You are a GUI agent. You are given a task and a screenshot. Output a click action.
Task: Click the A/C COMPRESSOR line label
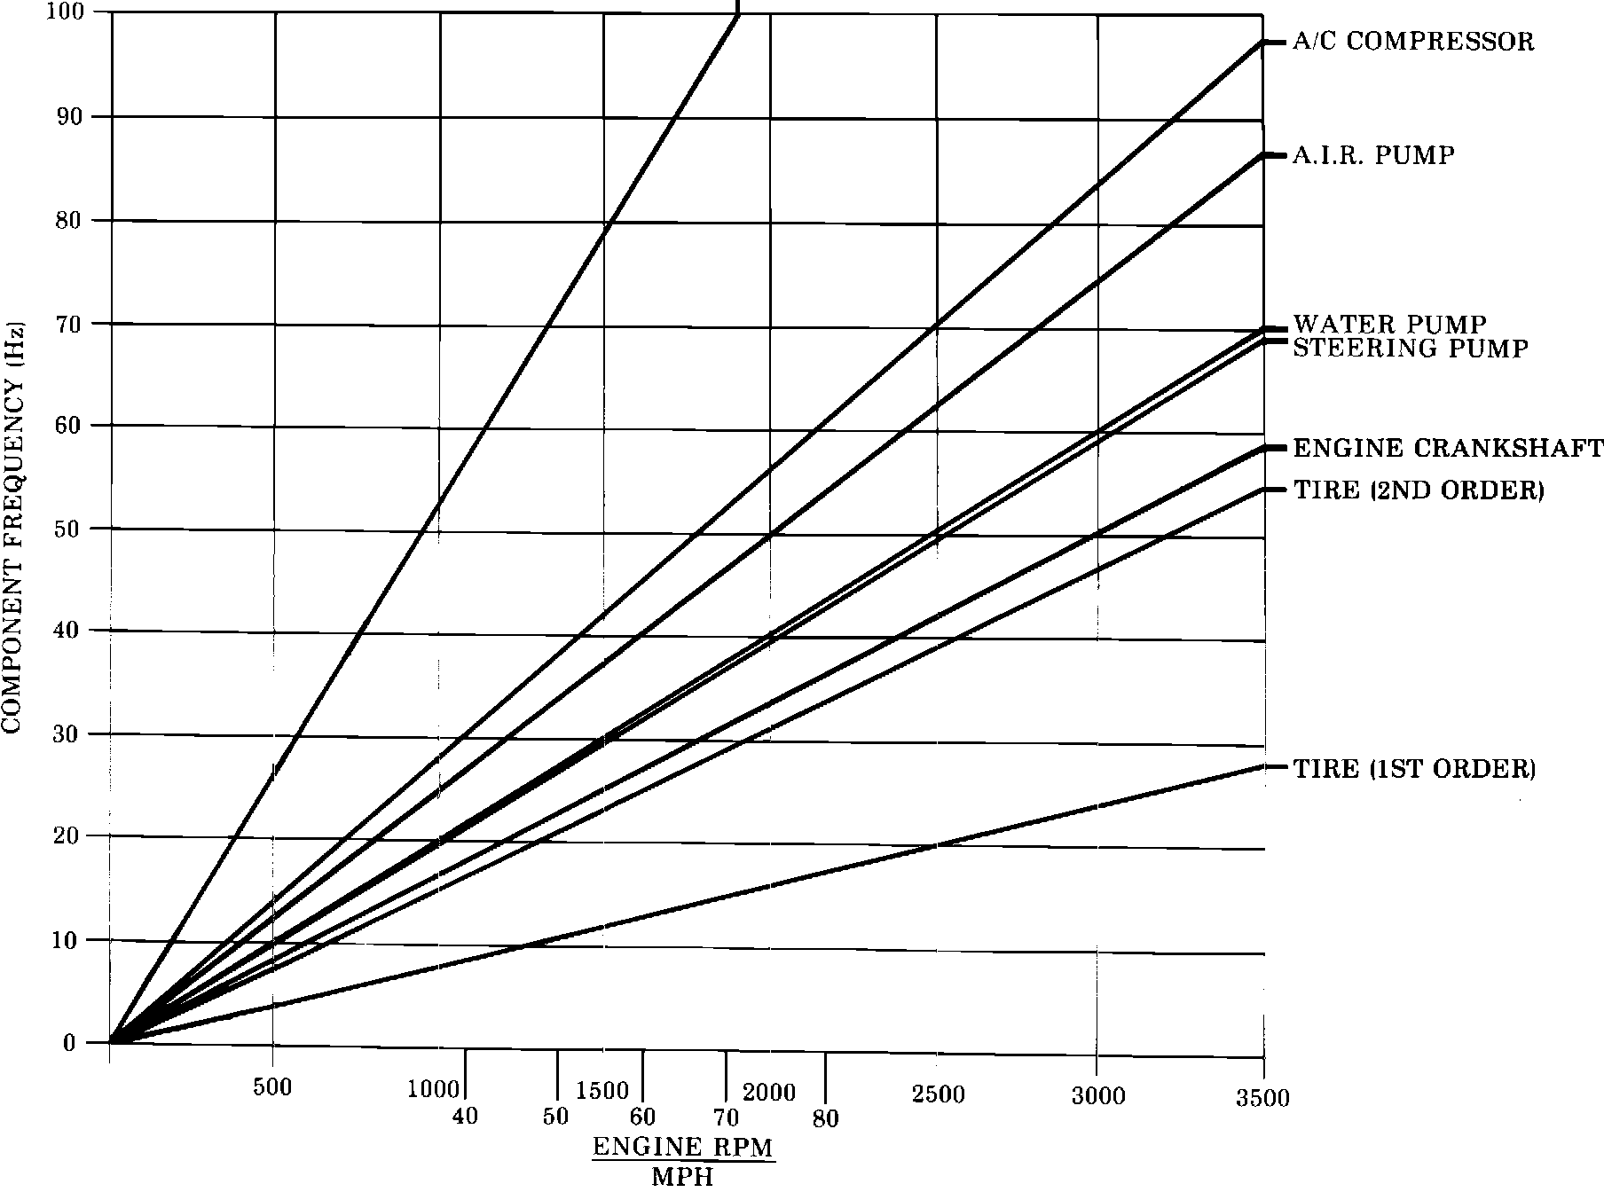click(1412, 42)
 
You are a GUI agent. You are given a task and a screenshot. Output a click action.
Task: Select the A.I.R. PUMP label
click(1373, 156)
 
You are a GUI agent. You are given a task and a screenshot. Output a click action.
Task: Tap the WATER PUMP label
click(1388, 323)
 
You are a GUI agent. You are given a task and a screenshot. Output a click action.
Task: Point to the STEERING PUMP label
click(1410, 349)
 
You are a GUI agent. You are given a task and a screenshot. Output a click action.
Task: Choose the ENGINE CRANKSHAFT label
click(1447, 448)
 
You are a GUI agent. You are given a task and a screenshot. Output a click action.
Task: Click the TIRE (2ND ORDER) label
click(1419, 490)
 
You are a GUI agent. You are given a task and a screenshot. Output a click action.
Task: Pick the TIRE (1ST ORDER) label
click(1414, 768)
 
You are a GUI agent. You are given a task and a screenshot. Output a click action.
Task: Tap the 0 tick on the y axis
click(69, 1043)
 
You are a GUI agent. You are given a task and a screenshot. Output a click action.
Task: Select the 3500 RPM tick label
click(1262, 1099)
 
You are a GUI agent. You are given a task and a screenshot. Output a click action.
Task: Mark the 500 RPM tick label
click(272, 1088)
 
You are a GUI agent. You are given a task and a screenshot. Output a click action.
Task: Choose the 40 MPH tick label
click(465, 1116)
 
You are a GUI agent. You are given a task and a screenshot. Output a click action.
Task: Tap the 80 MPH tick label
click(825, 1118)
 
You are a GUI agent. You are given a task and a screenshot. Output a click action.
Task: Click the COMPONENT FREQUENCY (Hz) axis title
click(12, 527)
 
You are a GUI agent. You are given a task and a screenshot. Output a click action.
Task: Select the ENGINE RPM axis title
click(682, 1147)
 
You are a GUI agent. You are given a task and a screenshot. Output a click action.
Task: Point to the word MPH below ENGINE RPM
click(682, 1178)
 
